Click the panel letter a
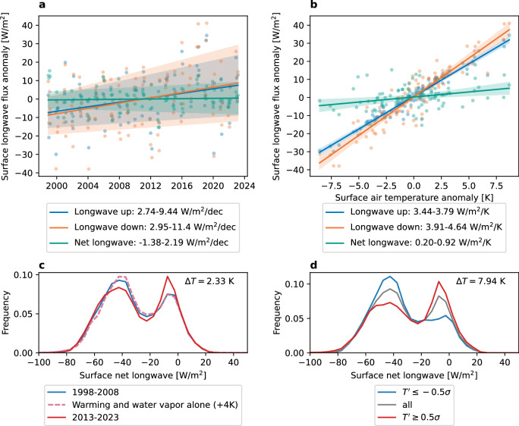pos(42,5)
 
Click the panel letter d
pos(313,265)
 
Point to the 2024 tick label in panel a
pos(244,186)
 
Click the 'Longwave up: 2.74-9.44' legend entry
pos(137,211)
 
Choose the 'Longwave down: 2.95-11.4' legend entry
pos(143,227)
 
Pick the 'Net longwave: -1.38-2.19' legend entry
pos(139,243)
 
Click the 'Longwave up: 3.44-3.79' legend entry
pos(407,211)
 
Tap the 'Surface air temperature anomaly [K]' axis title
pos(414,198)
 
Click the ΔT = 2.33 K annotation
pos(209,281)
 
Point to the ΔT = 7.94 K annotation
pos(480,281)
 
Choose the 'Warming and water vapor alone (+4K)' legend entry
pos(143,405)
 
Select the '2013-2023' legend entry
pos(83,418)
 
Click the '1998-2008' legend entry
pos(83,392)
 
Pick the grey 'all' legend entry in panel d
pos(395,405)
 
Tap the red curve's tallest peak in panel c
pos(168,277)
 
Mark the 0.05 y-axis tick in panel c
pos(27,314)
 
